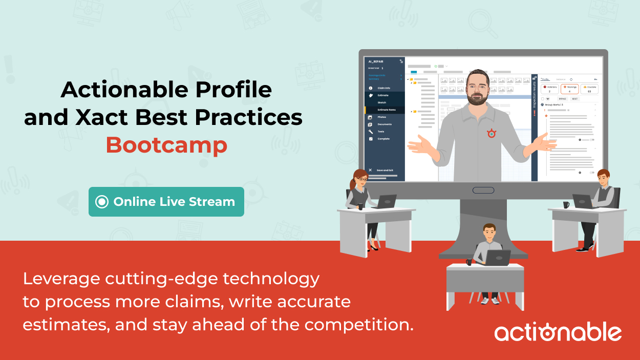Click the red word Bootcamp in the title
tap(166, 145)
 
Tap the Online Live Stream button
tap(166, 202)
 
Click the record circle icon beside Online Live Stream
tap(102, 202)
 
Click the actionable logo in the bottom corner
tap(558, 332)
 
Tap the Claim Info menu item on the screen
tap(383, 88)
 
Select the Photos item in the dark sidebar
tap(382, 117)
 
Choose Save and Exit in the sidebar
tap(385, 170)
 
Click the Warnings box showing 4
tap(569, 89)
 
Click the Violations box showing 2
tap(549, 89)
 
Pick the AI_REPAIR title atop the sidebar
tap(376, 61)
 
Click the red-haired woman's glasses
tap(362, 179)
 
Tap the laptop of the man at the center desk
tap(497, 258)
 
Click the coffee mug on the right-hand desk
tap(566, 205)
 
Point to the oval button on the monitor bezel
tap(483, 190)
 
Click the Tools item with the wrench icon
tap(381, 132)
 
